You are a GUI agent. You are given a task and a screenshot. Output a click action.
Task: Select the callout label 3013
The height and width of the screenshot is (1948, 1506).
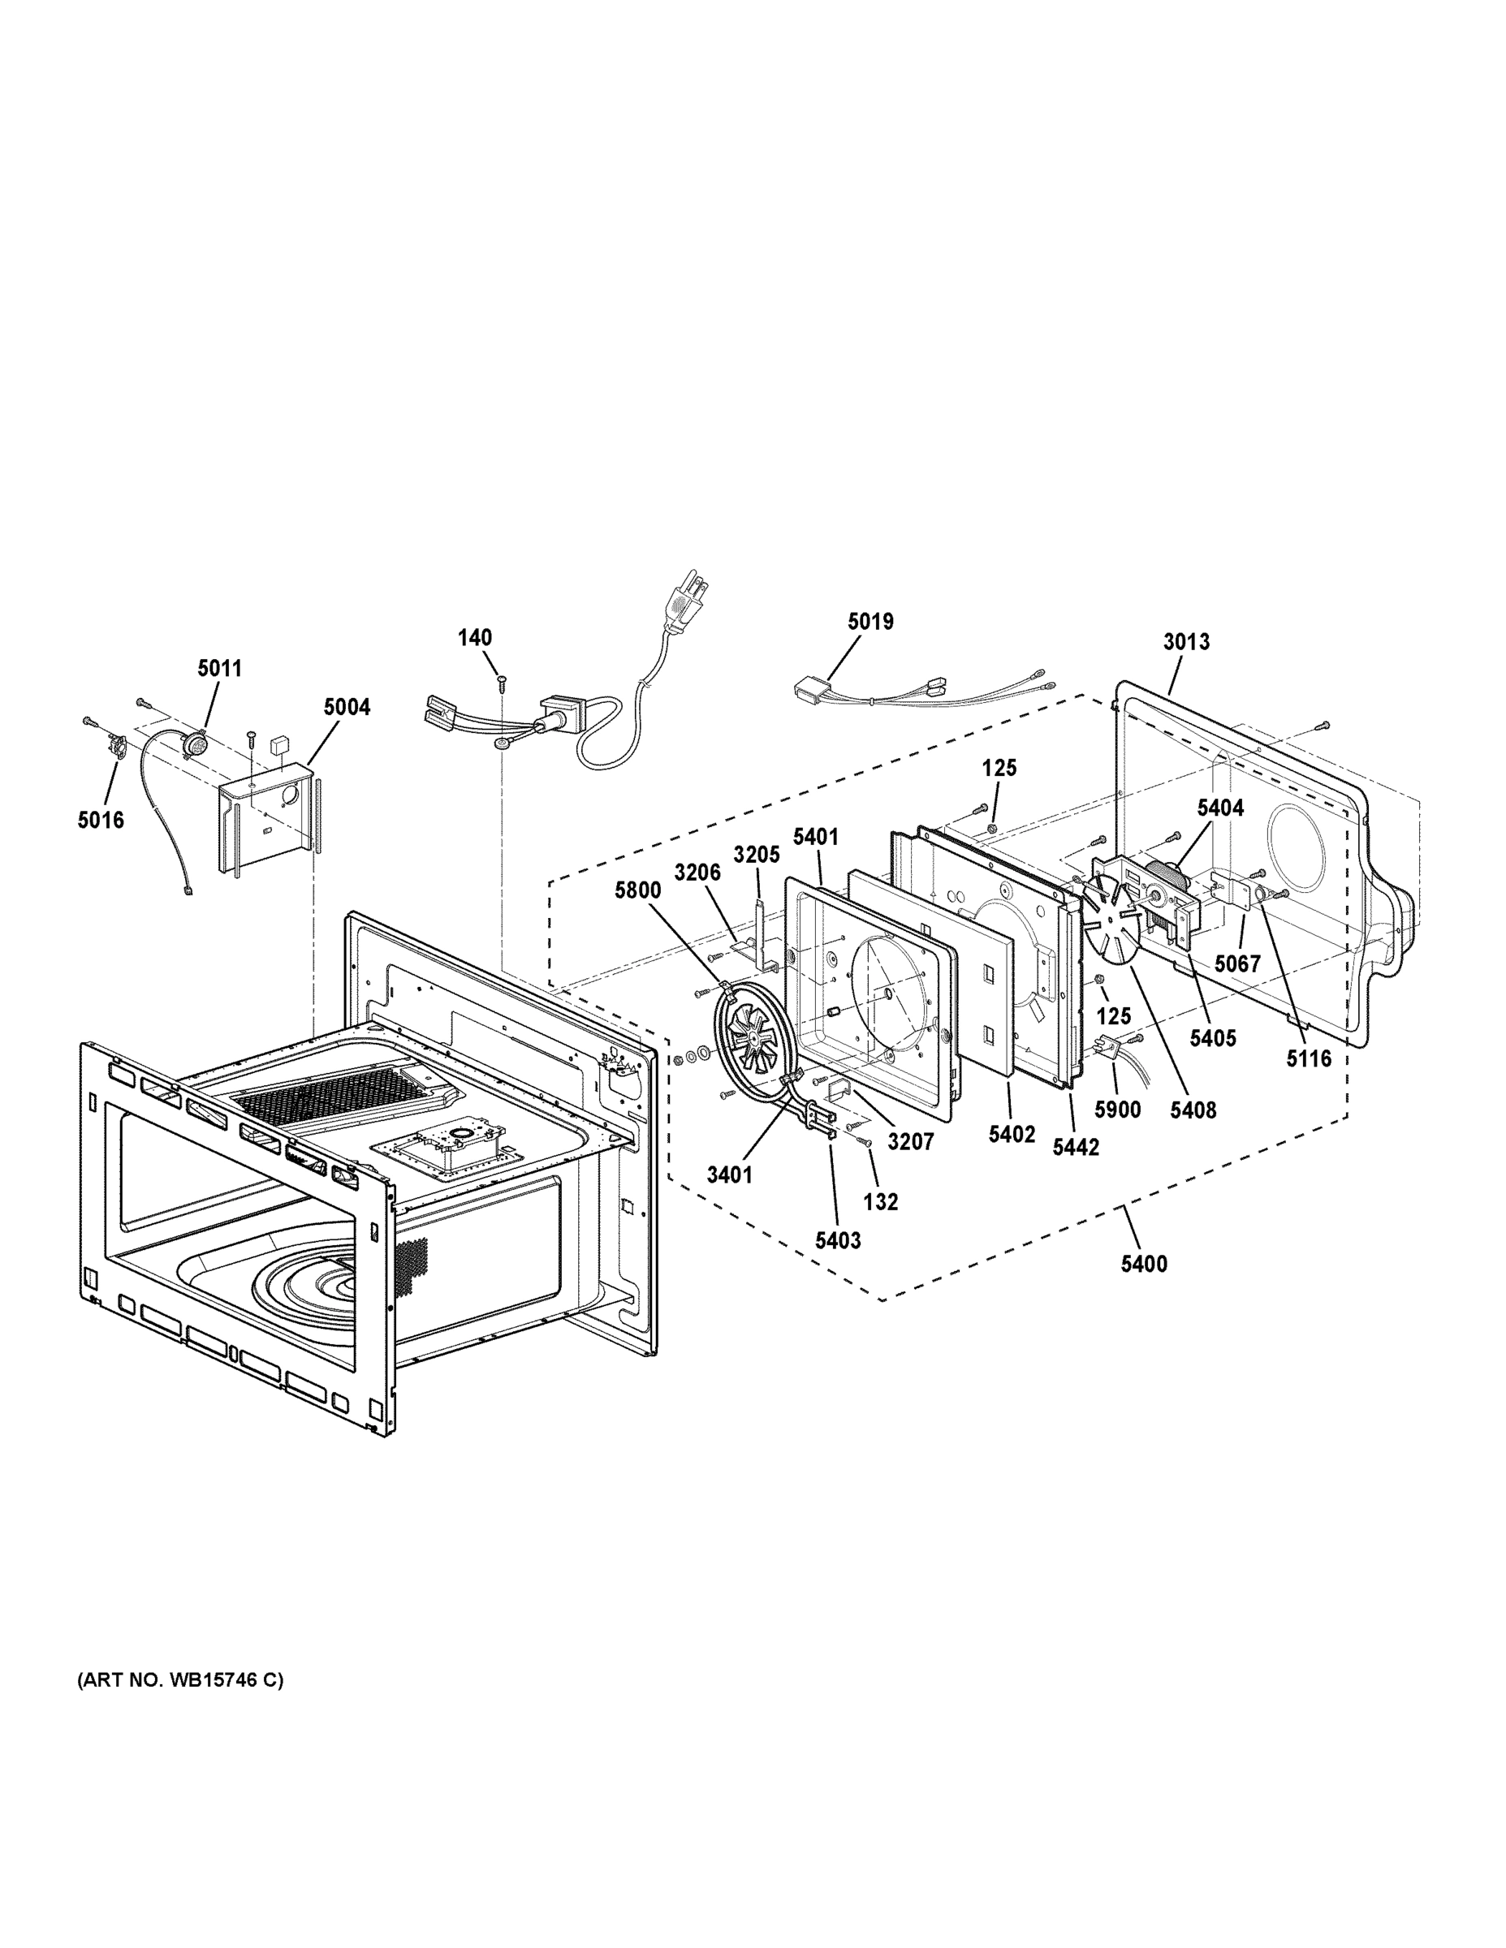click(1185, 641)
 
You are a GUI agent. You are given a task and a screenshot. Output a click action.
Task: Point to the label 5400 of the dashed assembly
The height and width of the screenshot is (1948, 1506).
click(1144, 1263)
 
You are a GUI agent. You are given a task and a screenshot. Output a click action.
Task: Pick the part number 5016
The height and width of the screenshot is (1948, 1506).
click(101, 820)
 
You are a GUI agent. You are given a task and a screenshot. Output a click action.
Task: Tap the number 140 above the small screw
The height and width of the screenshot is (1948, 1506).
click(475, 638)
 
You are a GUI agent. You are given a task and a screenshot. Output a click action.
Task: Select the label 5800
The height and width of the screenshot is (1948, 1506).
click(638, 890)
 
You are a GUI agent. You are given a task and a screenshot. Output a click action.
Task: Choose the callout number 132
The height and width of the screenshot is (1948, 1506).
click(881, 1201)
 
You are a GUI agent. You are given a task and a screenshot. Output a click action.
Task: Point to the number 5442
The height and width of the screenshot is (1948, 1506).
click(1076, 1147)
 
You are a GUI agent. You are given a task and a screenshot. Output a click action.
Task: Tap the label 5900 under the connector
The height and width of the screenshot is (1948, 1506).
click(1118, 1110)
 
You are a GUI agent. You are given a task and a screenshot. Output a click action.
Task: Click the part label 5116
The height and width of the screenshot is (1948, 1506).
click(1309, 1058)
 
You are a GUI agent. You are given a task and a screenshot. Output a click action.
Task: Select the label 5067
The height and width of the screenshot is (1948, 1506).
click(1237, 963)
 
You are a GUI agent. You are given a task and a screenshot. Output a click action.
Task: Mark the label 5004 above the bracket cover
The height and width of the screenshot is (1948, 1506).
click(347, 707)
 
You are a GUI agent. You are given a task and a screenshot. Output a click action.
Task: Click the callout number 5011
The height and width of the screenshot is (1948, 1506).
click(219, 668)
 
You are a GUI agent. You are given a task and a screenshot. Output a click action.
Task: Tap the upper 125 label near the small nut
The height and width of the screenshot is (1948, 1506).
click(999, 768)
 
